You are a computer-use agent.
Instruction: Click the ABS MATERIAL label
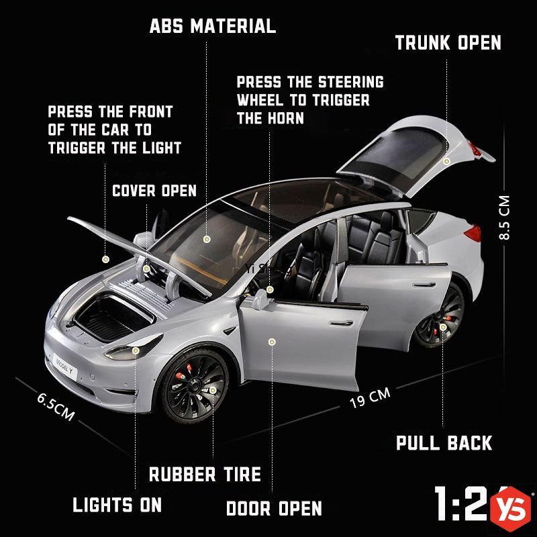click(x=212, y=26)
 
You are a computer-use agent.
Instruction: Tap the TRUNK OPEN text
click(x=448, y=43)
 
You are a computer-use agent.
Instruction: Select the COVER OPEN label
click(x=154, y=190)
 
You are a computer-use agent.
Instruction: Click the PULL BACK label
click(x=444, y=443)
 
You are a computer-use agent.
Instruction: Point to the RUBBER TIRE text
click(x=205, y=475)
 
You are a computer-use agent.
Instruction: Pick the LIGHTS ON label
click(x=117, y=505)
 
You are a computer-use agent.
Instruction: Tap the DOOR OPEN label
click(x=274, y=508)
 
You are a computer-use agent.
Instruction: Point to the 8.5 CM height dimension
click(x=505, y=218)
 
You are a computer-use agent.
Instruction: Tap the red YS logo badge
click(x=513, y=508)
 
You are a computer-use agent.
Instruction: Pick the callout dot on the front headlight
click(x=136, y=350)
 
